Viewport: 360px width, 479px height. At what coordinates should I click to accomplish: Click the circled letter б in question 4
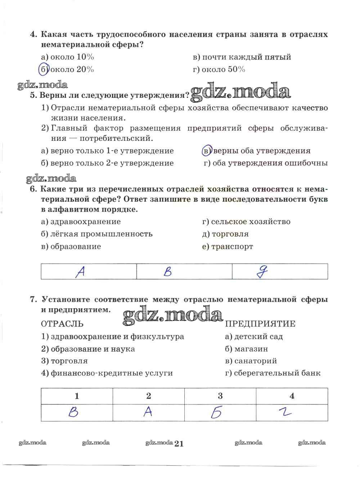43,69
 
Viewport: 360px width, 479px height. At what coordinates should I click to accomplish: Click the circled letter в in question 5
206,151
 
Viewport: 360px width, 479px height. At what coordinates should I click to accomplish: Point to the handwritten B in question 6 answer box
167,272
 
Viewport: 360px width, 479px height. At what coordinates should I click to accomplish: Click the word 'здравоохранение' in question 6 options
86,221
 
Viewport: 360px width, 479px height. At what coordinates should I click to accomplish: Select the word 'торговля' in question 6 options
230,234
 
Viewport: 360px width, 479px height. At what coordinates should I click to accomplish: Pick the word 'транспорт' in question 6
232,247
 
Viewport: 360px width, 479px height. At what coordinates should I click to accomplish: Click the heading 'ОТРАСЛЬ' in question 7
62,324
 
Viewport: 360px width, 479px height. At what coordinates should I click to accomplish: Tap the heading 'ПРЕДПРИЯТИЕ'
260,324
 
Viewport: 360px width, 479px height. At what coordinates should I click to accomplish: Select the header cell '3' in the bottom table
220,396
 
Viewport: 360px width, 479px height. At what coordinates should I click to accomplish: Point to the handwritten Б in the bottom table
216,413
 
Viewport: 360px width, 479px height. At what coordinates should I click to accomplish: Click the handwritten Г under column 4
287,412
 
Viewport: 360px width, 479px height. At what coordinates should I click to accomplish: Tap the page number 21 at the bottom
179,444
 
